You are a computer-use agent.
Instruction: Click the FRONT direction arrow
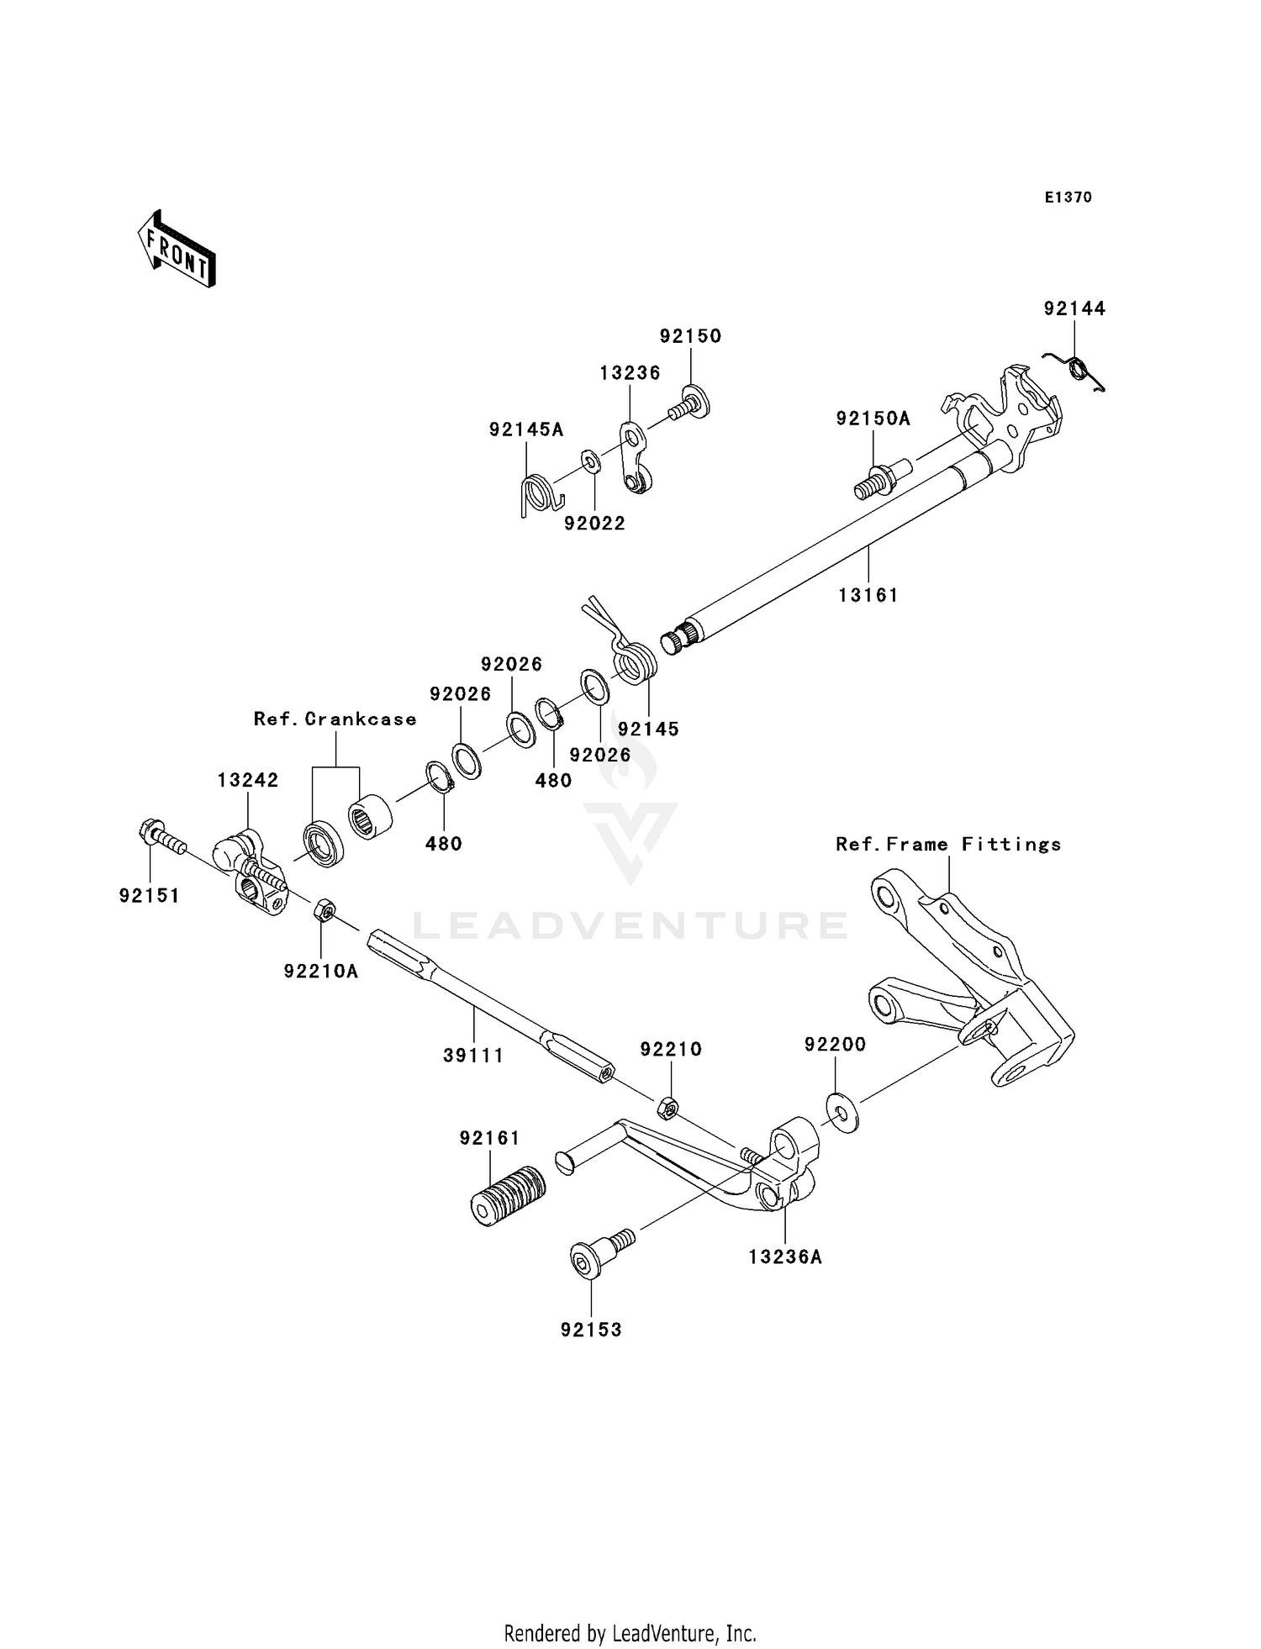click(x=177, y=250)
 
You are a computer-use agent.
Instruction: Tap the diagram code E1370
click(x=1068, y=198)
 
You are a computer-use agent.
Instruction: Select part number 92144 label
click(x=1074, y=308)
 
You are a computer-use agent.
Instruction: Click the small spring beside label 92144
click(x=1079, y=370)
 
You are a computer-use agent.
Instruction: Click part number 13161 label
click(x=868, y=595)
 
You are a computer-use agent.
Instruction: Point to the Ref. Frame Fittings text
click(x=947, y=844)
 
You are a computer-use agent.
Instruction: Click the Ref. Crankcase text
click(x=335, y=719)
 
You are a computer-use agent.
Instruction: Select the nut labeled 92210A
click(x=324, y=910)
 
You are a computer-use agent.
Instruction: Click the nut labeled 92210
click(x=668, y=1109)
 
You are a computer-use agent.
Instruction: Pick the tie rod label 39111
click(x=473, y=1056)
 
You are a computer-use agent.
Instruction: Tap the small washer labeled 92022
click(x=590, y=461)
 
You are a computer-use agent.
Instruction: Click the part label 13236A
click(x=785, y=1257)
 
